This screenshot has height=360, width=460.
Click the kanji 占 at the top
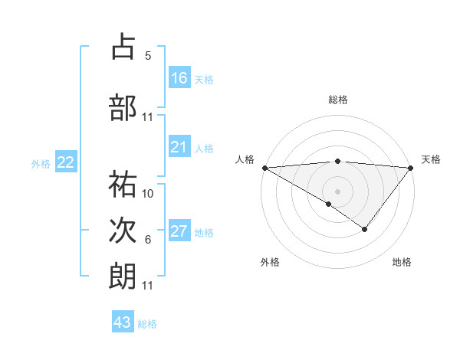pos(123,47)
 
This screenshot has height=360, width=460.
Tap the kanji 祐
pos(123,184)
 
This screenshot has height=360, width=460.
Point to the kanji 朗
pos(123,276)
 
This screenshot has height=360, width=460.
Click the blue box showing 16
pos(179,77)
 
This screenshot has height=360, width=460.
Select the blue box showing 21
pos(179,147)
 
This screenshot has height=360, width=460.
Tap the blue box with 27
pos(179,231)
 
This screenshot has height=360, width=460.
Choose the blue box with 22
pos(66,162)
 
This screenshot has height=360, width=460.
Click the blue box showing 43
pos(123,322)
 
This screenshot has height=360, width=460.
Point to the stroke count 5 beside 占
pos(148,56)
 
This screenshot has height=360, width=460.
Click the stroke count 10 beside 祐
pos(148,194)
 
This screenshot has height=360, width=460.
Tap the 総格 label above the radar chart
pos(337,100)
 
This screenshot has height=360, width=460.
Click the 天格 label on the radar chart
pos(431,159)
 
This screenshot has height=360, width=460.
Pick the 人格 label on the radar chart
pos(245,159)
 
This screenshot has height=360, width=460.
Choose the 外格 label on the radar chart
pos(269,262)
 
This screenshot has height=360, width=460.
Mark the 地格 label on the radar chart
pos(402,262)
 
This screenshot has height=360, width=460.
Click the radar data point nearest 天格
pos(411,167)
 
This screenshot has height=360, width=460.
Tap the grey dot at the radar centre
pos(337,191)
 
